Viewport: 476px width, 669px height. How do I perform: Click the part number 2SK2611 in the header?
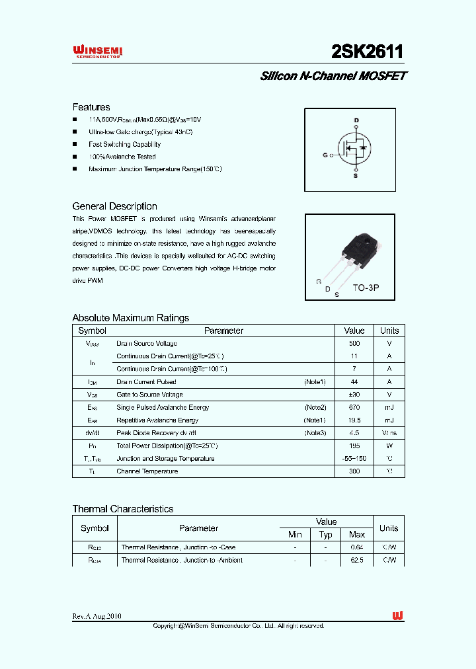[367, 52]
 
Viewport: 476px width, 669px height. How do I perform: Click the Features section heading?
[91, 107]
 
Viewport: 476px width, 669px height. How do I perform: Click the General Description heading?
[114, 206]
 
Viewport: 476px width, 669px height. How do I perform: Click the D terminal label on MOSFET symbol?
[356, 120]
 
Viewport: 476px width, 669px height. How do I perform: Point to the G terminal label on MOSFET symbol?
[325, 155]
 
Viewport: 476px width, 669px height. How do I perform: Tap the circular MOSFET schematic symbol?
[354, 149]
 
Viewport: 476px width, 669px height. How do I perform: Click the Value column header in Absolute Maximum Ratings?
[354, 331]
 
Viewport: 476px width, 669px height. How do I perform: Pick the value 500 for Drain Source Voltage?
[354, 344]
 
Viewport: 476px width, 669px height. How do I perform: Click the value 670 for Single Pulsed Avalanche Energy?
[354, 407]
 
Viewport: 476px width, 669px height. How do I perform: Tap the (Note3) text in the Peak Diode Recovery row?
[315, 433]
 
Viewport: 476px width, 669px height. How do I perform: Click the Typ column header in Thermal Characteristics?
[325, 534]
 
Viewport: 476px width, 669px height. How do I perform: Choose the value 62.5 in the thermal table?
[357, 560]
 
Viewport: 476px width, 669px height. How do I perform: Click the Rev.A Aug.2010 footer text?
[97, 616]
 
